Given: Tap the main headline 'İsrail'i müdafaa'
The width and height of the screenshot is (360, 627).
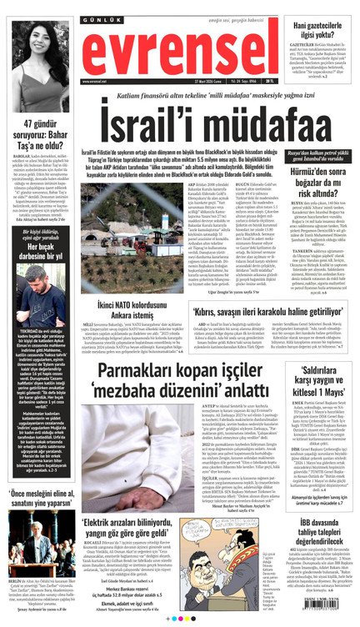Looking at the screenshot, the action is (178, 124).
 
